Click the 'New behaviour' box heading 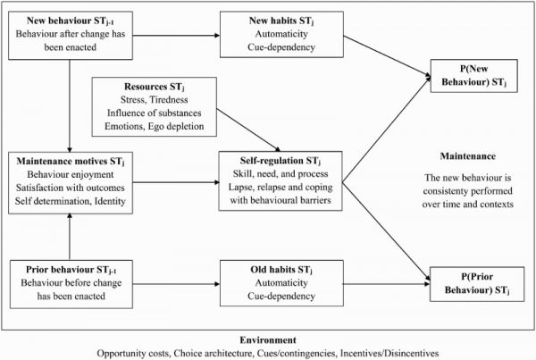click(x=71, y=21)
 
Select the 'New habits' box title click(x=281, y=21)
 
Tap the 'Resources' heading click(x=155, y=87)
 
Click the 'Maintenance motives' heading click(x=71, y=162)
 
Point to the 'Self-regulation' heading click(x=281, y=161)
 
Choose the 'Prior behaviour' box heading click(x=71, y=270)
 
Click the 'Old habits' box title click(x=281, y=270)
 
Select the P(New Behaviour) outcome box click(x=473, y=76)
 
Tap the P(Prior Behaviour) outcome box click(x=477, y=284)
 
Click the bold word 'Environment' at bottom click(x=268, y=340)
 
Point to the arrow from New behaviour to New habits click(x=176, y=35)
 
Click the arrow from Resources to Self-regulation click(x=248, y=130)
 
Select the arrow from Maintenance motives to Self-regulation click(x=176, y=182)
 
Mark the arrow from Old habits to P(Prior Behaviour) click(x=386, y=284)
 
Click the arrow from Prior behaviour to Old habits click(x=176, y=284)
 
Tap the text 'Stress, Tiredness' click(x=155, y=100)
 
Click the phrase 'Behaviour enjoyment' click(x=71, y=175)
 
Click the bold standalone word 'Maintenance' click(x=467, y=156)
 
